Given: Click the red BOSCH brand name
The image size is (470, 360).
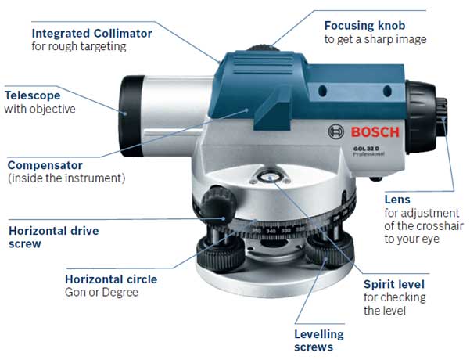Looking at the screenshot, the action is tap(375, 132).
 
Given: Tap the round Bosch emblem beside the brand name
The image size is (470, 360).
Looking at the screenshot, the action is tap(335, 131).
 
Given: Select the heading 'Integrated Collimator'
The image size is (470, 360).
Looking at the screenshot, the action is tap(92, 34).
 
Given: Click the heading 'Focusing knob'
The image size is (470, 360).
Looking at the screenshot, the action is tap(364, 26).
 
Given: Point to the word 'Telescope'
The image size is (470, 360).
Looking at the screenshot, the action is tap(33, 95).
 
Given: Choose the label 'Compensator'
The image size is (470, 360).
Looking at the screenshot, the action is tap(45, 165).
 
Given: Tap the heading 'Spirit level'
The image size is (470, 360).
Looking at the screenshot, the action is tap(394, 284).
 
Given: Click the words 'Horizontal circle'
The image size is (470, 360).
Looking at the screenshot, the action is tap(111, 279).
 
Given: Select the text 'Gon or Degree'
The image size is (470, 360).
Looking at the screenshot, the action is tap(102, 292).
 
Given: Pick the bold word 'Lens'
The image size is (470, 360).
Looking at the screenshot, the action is tap(397, 200).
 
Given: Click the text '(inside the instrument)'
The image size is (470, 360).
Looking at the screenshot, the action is tap(66, 178).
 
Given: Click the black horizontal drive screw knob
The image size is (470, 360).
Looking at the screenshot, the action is tap(218, 203).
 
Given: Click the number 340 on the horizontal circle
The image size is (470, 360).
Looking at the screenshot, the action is tap(271, 231).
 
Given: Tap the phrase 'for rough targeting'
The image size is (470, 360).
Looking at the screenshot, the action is tap(79, 46).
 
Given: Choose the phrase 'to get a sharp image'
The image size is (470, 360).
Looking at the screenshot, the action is tap(375, 39).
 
